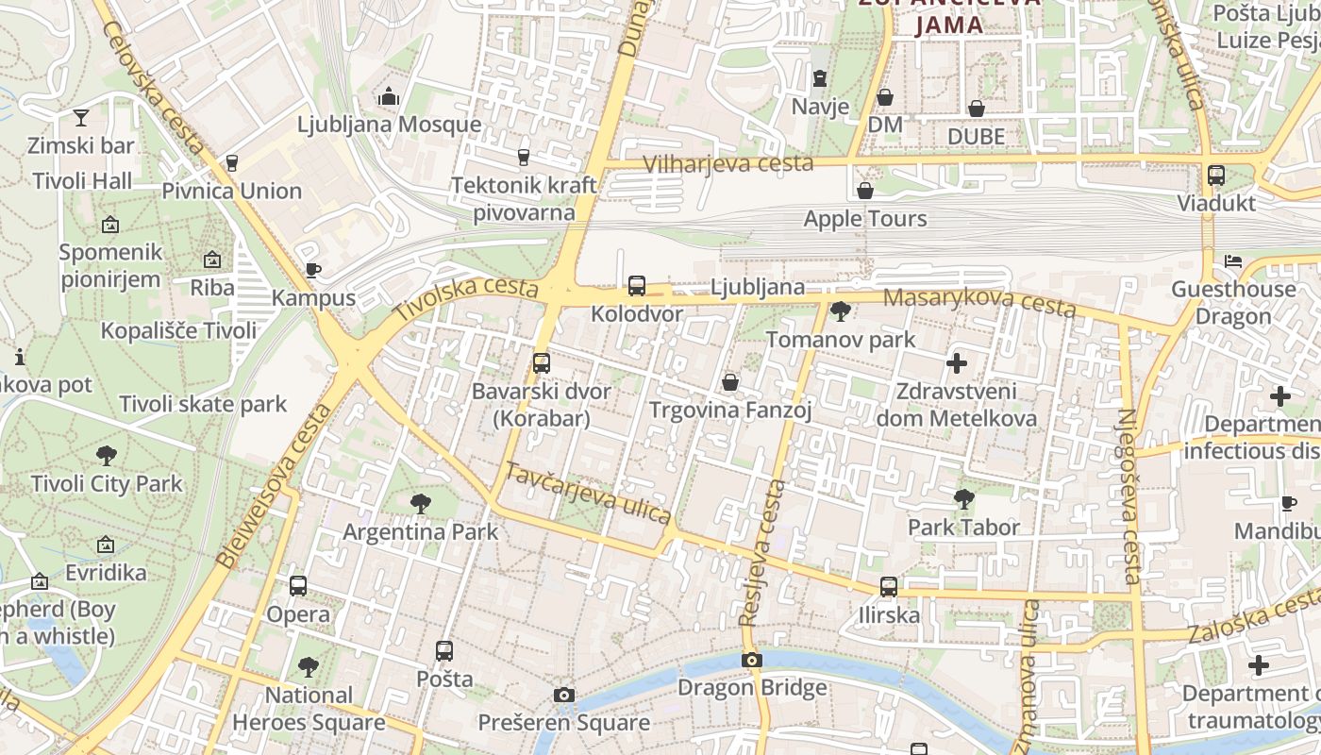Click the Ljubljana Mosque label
pyautogui.click(x=389, y=125)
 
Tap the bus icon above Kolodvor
pyautogui.click(x=637, y=285)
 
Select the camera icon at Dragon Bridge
pyautogui.click(x=752, y=660)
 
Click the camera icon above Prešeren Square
pyautogui.click(x=564, y=696)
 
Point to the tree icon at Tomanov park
pyautogui.click(x=840, y=310)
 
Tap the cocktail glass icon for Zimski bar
pyautogui.click(x=81, y=118)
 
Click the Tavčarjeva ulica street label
pyautogui.click(x=588, y=493)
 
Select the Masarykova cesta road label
pyautogui.click(x=979, y=301)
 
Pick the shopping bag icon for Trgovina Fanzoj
pyautogui.click(x=730, y=382)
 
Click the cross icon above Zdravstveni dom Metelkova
pyautogui.click(x=957, y=362)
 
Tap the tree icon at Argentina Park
pyautogui.click(x=421, y=503)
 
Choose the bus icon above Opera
pyautogui.click(x=298, y=585)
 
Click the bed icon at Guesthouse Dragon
pyautogui.click(x=1233, y=261)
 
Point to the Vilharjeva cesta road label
pyautogui.click(x=727, y=164)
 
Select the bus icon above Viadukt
pyautogui.click(x=1216, y=175)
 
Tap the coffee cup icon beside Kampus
pyautogui.click(x=313, y=271)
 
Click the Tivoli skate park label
pyautogui.click(x=203, y=404)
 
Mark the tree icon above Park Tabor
pyautogui.click(x=963, y=498)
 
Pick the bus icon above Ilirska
pyautogui.click(x=889, y=587)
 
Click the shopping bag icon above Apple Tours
pyautogui.click(x=865, y=191)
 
